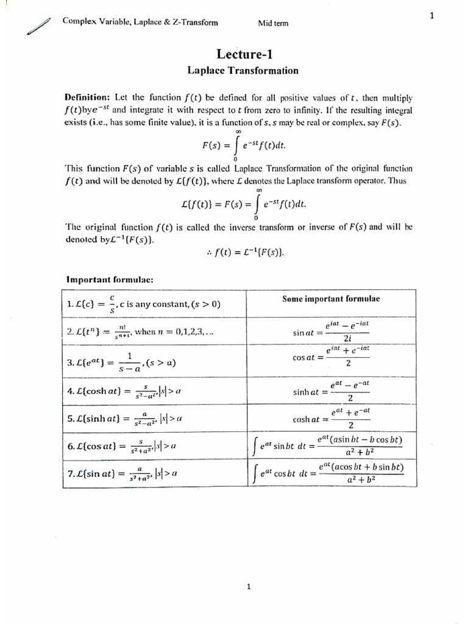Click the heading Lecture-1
coord(243,54)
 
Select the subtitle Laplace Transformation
coord(243,71)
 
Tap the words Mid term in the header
coord(274,24)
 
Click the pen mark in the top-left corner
coord(37,27)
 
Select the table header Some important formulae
coord(331,299)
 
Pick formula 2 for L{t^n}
coord(140,333)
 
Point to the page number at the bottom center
coord(249,587)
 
